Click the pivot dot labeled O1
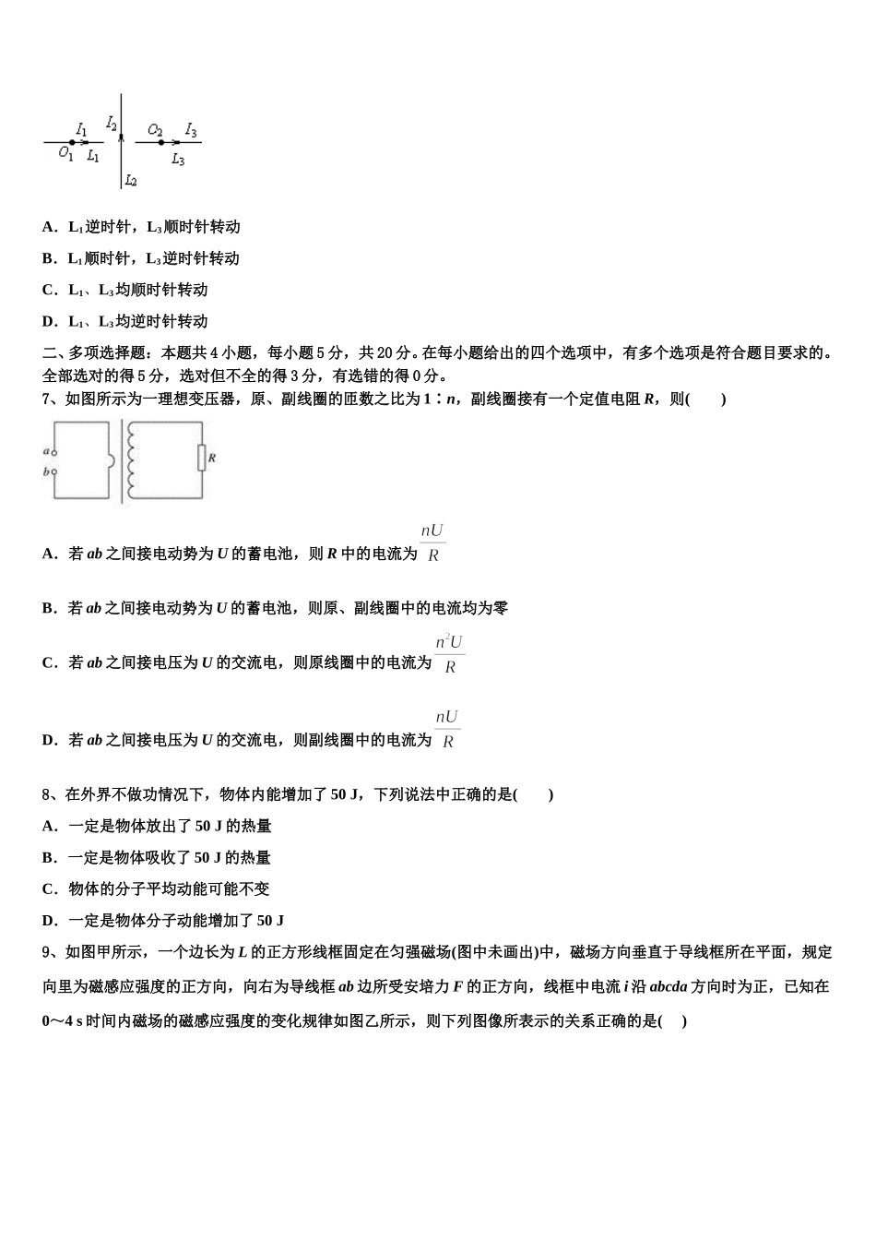[72, 142]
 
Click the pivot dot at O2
[161, 142]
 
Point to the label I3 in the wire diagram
[191, 130]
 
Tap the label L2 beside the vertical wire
[131, 181]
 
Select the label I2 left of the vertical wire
[112, 122]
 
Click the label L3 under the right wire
[178, 160]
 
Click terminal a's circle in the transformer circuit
[54, 452]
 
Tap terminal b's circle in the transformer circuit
[54, 471]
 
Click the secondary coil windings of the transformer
[131, 459]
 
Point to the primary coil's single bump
[111, 459]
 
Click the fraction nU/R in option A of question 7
[432, 542]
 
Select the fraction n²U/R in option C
[449, 654]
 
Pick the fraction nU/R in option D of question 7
[447, 729]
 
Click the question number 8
[46, 794]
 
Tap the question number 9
[46, 952]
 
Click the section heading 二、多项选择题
[97, 352]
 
